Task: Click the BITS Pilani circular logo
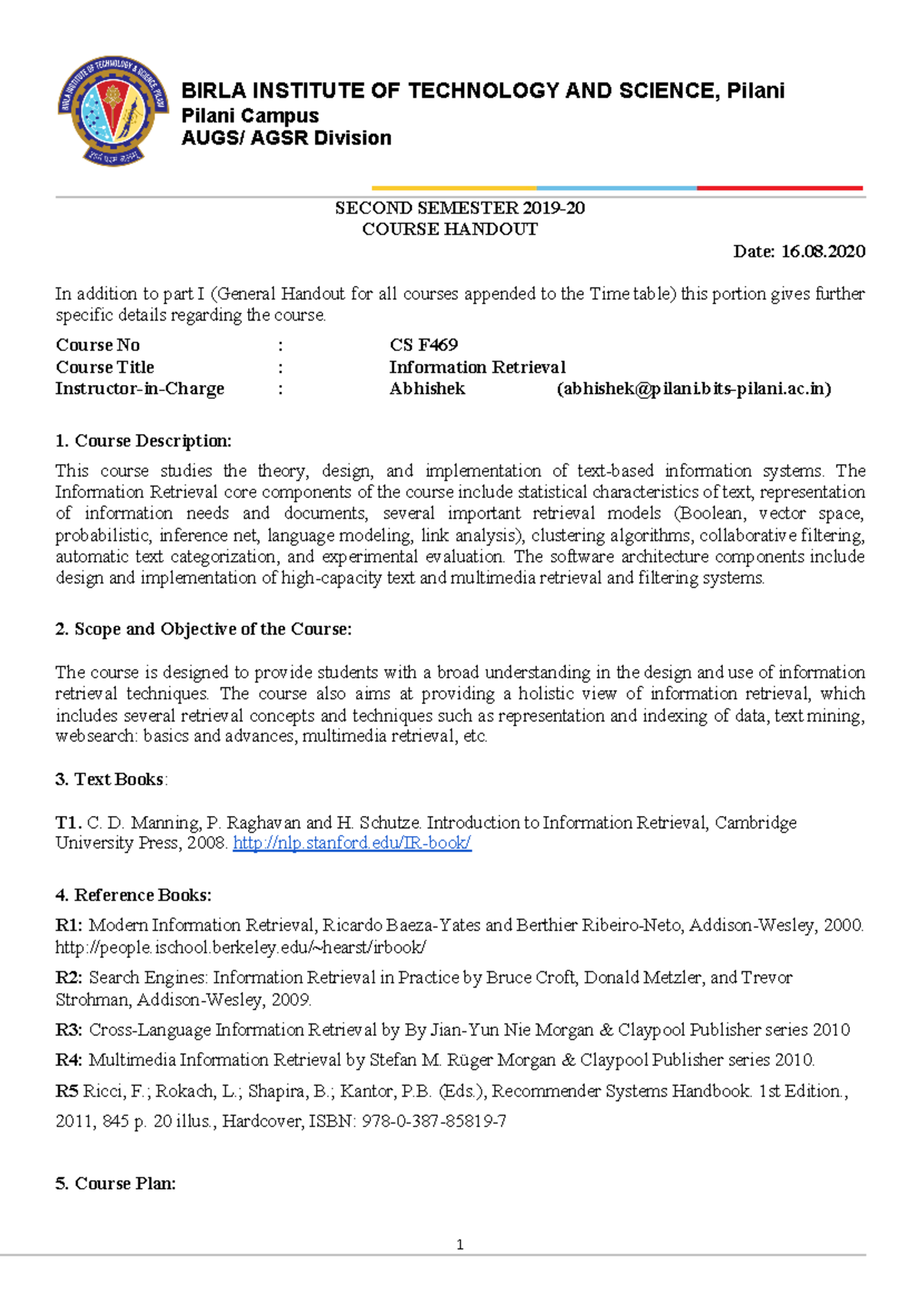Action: (x=113, y=110)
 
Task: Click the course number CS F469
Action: (x=423, y=345)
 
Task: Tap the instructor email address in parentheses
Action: (x=694, y=389)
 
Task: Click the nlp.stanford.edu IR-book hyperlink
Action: (x=352, y=843)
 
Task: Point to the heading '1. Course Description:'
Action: (x=144, y=441)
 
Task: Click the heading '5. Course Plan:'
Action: (x=116, y=1183)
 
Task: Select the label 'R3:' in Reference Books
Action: (x=69, y=1030)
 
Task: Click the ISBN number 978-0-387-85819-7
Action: (x=433, y=1121)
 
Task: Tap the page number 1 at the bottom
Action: (x=459, y=1245)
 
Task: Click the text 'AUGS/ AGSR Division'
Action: (x=286, y=138)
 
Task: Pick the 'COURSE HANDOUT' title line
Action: (x=449, y=229)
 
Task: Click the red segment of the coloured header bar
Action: (x=779, y=187)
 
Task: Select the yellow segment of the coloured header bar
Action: (x=453, y=187)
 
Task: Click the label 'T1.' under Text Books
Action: (x=68, y=822)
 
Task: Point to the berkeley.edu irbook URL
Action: (x=240, y=947)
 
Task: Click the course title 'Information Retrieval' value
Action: (x=477, y=367)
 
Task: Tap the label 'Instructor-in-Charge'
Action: (x=140, y=389)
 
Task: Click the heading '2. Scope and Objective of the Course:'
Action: (x=204, y=629)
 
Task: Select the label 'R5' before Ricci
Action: (x=67, y=1091)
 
